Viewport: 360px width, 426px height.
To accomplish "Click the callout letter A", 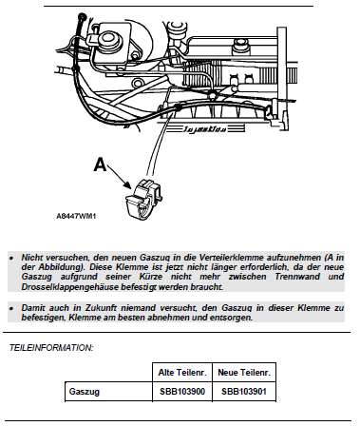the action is pyautogui.click(x=100, y=165).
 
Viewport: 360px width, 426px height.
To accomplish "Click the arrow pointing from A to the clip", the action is pyautogui.click(x=120, y=177).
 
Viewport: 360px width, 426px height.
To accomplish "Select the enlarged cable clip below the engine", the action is pyautogui.click(x=144, y=199).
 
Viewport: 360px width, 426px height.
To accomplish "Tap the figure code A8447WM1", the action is pyautogui.click(x=76, y=216).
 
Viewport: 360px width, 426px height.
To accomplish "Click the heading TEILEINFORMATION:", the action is pyautogui.click(x=51, y=348).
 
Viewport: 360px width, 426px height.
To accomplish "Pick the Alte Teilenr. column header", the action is pyautogui.click(x=182, y=373).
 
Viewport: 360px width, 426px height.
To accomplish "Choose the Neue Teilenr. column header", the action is pyautogui.click(x=244, y=373).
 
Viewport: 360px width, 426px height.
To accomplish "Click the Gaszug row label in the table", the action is pyautogui.click(x=85, y=392).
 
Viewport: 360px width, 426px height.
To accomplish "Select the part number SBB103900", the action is pyautogui.click(x=182, y=392).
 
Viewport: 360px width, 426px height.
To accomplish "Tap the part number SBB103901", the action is pyautogui.click(x=244, y=392).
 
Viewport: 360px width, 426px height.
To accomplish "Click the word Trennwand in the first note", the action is pyautogui.click(x=297, y=277).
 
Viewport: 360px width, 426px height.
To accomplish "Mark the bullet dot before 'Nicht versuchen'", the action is pyautogui.click(x=11, y=258).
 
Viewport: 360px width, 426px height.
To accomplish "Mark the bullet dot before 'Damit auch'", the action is pyautogui.click(x=11, y=308).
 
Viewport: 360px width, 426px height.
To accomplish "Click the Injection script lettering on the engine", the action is pyautogui.click(x=205, y=129).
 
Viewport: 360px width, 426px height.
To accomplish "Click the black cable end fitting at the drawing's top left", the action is pyautogui.click(x=82, y=16).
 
